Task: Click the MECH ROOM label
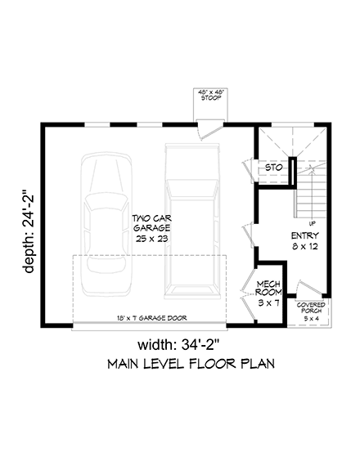pos(268,288)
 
